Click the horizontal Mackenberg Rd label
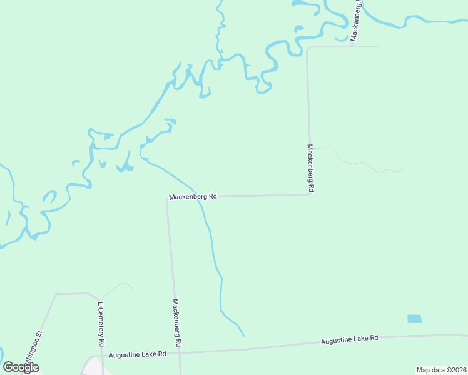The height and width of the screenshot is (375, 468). [x=193, y=196]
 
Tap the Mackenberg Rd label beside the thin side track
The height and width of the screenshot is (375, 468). [x=310, y=167]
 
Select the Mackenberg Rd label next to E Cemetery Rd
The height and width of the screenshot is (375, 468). [x=178, y=322]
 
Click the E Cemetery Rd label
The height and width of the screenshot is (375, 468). [x=100, y=324]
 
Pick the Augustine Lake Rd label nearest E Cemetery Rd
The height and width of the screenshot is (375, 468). [x=137, y=354]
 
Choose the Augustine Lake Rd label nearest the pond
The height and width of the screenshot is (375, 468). [x=349, y=340]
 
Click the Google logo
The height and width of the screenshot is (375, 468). [x=21, y=367]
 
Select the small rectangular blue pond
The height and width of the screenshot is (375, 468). [x=414, y=319]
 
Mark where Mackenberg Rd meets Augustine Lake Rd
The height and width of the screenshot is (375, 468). [x=180, y=351]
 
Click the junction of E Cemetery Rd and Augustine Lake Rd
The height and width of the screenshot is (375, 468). [x=102, y=356]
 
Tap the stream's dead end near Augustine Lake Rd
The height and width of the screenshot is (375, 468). [x=243, y=336]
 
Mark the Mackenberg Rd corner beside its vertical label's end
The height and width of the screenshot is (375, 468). [x=310, y=194]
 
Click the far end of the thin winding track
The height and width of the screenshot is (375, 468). [x=402, y=168]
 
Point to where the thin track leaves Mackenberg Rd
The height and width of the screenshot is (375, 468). [x=311, y=148]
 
